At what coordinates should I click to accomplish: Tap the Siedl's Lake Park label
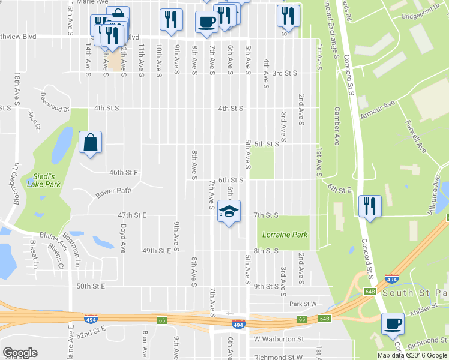41,181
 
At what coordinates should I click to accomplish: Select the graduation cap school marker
229,212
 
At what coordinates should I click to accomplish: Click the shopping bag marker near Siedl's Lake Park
90,143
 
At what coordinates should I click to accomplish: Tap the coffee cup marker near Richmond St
393,325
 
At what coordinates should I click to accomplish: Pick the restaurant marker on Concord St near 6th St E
369,207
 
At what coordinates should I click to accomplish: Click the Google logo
20,352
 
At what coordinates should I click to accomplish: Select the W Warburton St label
279,339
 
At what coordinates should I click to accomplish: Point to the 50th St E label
91,287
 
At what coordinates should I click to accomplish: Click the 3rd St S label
285,73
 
